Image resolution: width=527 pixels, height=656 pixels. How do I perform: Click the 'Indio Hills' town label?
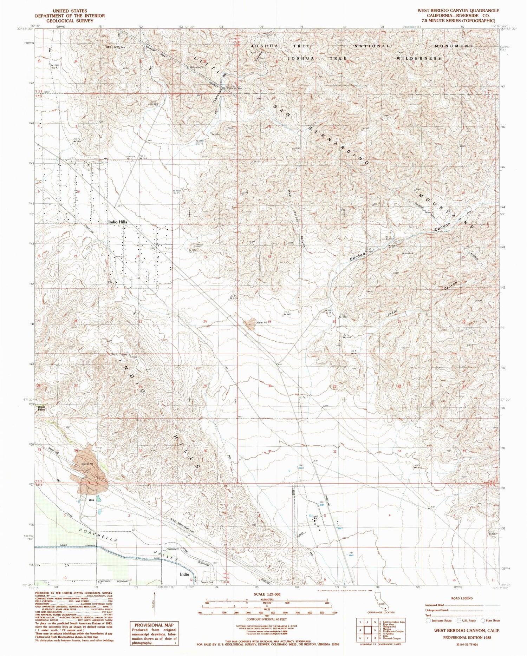[118, 222]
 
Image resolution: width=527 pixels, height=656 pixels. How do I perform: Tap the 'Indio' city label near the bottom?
[184, 575]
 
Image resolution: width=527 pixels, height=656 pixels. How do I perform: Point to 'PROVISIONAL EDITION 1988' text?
[467, 637]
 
